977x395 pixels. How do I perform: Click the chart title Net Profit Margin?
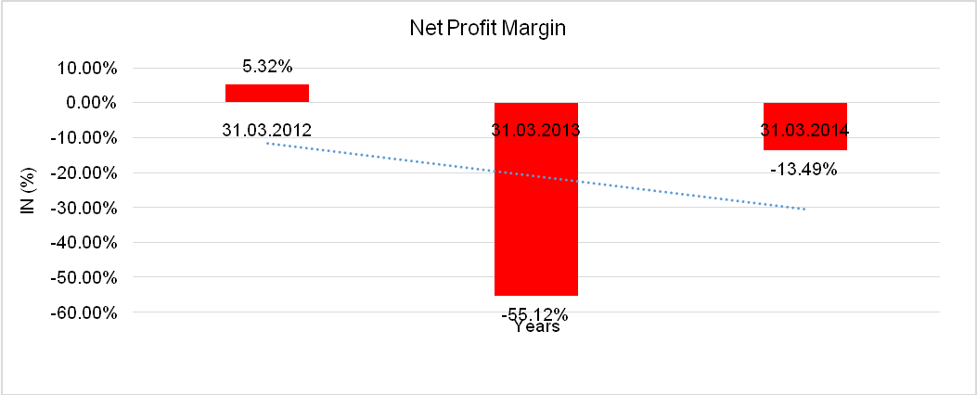point(487,29)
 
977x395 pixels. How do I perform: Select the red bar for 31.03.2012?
point(267,93)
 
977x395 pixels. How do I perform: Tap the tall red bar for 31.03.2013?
point(536,223)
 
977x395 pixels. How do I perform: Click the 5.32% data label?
point(267,67)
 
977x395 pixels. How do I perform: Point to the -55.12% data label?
point(535,314)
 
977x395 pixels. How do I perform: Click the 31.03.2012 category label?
point(266,130)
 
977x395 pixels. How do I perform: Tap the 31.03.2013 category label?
point(536,130)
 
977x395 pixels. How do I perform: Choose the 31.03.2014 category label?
point(805,130)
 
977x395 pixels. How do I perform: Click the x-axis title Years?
point(536,327)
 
